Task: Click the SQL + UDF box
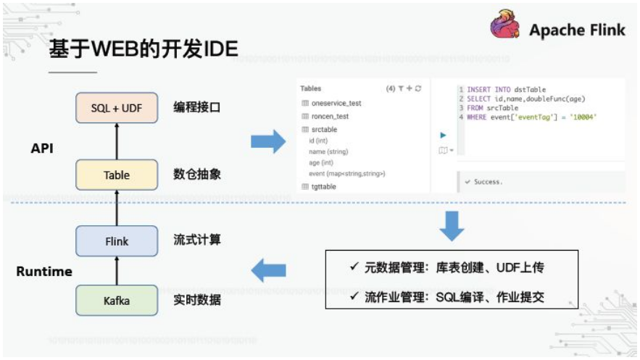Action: click(117, 107)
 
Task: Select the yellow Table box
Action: click(117, 175)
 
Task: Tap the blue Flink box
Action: click(117, 240)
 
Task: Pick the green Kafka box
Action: click(117, 300)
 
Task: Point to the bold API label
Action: click(43, 148)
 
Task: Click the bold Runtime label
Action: click(44, 272)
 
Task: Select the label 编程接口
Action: click(196, 107)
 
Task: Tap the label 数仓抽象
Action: click(196, 175)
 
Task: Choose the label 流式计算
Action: click(196, 240)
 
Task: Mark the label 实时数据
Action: click(196, 300)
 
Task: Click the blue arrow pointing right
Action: click(267, 141)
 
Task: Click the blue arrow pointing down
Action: click(452, 227)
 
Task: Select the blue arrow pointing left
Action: click(267, 272)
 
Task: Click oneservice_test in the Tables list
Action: click(336, 104)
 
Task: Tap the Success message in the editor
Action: click(487, 182)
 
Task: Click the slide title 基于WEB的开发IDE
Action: click(144, 49)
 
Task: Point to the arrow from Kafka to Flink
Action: click(117, 271)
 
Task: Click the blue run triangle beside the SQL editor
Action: click(443, 135)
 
